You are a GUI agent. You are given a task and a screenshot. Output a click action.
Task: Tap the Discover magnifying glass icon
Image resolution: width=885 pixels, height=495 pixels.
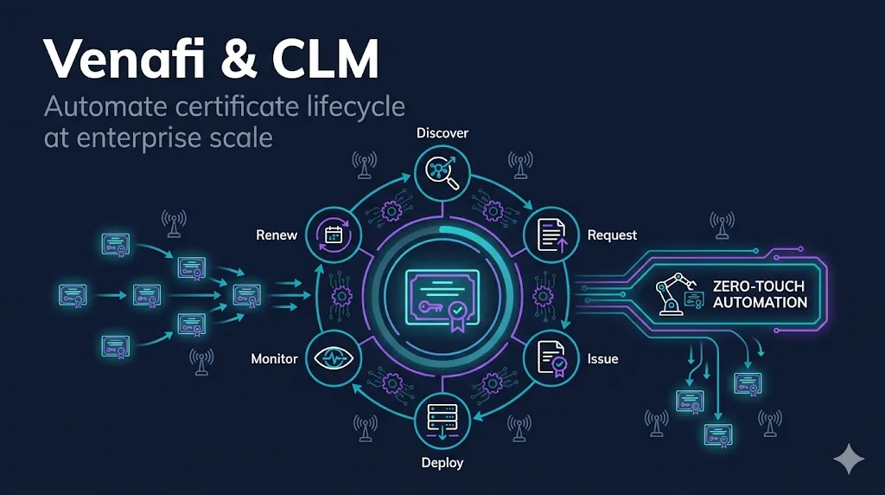tap(442, 171)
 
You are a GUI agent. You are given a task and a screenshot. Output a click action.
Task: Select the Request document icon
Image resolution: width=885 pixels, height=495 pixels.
tap(552, 235)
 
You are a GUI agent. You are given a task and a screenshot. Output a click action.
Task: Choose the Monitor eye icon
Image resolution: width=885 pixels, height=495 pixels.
tap(333, 358)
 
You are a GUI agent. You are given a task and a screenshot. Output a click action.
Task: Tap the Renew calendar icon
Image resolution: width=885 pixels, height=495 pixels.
tap(333, 235)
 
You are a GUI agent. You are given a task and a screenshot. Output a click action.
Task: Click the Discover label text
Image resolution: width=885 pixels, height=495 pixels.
tap(442, 133)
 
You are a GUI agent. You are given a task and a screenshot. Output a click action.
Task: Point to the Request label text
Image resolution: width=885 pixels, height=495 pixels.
tap(612, 235)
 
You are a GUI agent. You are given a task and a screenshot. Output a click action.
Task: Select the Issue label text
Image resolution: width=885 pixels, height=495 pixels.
tap(602, 358)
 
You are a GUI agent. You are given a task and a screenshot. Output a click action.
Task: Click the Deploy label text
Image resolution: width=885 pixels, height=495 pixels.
tap(442, 463)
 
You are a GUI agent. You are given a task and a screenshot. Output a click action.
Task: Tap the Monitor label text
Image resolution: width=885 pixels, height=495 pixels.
tap(274, 358)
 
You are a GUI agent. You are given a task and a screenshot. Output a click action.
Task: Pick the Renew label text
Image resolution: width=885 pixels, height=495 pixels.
tap(277, 235)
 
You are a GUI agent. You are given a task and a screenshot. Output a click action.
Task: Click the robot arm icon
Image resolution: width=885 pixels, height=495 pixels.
tap(672, 293)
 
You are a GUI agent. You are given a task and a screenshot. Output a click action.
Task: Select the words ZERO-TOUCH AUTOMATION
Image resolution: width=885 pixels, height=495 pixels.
tap(760, 293)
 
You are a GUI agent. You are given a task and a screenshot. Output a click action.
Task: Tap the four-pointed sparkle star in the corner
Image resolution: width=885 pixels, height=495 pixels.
tap(849, 460)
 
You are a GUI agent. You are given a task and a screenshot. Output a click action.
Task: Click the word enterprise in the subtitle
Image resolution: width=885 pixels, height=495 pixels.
tap(142, 138)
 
